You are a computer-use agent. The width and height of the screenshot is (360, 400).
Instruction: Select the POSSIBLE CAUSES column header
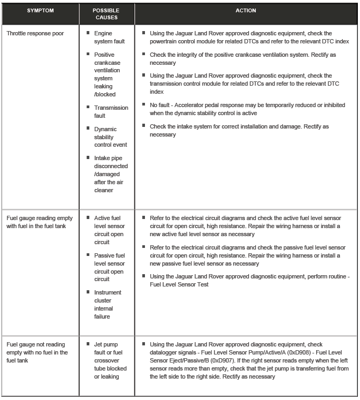pyautogui.click(x=106, y=14)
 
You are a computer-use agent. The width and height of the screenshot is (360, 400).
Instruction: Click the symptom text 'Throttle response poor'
pyautogui.click(x=35, y=33)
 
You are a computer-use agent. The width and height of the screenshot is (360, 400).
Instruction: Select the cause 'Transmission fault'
pyautogui.click(x=111, y=111)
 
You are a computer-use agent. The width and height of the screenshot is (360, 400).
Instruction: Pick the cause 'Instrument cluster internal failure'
pyautogui.click(x=107, y=304)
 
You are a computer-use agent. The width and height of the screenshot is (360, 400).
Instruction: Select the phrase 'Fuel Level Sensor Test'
pyautogui.click(x=179, y=284)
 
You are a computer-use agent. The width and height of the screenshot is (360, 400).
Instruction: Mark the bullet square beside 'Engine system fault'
pyautogui.click(x=88, y=33)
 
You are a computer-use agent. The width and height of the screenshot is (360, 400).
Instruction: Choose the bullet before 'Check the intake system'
pyautogui.click(x=144, y=126)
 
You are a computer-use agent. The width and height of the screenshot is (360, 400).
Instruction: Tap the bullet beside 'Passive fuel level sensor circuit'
pyautogui.click(x=88, y=255)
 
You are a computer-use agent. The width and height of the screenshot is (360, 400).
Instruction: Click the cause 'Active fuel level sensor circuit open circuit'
pyautogui.click(x=109, y=230)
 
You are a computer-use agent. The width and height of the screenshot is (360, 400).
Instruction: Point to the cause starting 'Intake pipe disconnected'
pyautogui.click(x=111, y=173)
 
